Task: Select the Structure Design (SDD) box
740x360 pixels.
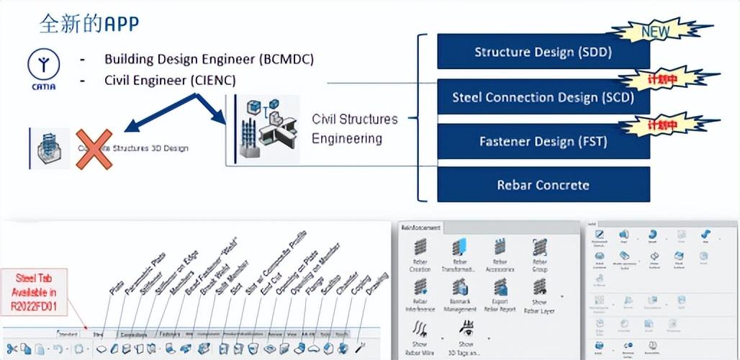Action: [543, 52]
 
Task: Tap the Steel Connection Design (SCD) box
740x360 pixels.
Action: [543, 96]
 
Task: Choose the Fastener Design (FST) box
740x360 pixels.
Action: [543, 141]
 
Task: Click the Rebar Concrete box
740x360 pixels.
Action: [543, 185]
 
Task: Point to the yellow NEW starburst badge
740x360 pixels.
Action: [654, 31]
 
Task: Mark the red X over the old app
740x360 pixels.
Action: [94, 149]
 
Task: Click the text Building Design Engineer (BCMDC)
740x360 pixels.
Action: [209, 59]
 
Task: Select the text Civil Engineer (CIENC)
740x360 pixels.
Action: [170, 80]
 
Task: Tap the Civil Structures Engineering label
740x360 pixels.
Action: [354, 128]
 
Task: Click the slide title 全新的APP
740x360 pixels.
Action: [89, 23]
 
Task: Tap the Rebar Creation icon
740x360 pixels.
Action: [419, 250]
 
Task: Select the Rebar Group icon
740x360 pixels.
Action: [539, 250]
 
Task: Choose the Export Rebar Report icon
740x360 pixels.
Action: [500, 289]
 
